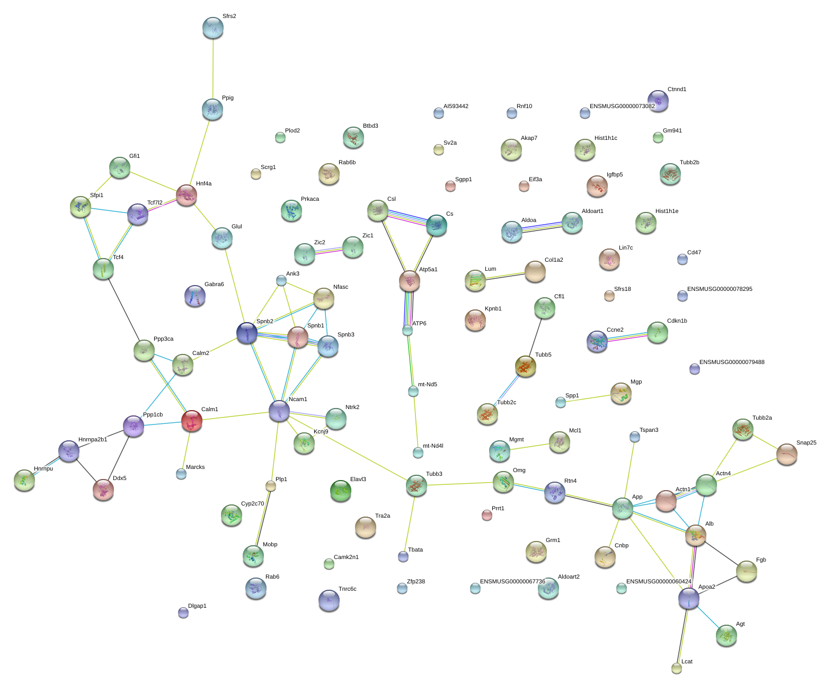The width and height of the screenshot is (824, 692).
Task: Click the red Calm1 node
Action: [191, 421]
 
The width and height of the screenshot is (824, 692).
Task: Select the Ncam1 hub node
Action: [279, 411]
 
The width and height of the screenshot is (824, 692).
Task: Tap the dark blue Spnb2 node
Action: [246, 333]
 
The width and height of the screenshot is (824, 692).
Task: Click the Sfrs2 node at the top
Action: [212, 28]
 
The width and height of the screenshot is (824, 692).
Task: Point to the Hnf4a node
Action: [187, 195]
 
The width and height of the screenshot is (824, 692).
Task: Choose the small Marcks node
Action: [181, 474]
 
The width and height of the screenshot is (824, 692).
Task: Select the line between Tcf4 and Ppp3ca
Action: [123, 309]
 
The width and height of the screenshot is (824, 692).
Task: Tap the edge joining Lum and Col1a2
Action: [505, 276]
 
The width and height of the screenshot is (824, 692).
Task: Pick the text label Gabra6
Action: [214, 284]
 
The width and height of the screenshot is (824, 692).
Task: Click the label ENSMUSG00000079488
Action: [731, 362]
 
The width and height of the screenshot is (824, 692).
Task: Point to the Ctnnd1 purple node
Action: [658, 101]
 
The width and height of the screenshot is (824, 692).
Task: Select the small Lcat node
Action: [676, 668]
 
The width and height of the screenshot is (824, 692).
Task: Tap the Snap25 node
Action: [786, 454]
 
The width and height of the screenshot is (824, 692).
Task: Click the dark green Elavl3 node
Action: [340, 491]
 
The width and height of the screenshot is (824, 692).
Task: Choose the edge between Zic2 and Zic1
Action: [329, 251]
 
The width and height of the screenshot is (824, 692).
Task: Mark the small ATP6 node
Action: [407, 331]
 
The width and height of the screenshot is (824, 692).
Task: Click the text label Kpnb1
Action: [493, 308]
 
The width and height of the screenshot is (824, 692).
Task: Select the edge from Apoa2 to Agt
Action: [707, 617]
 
